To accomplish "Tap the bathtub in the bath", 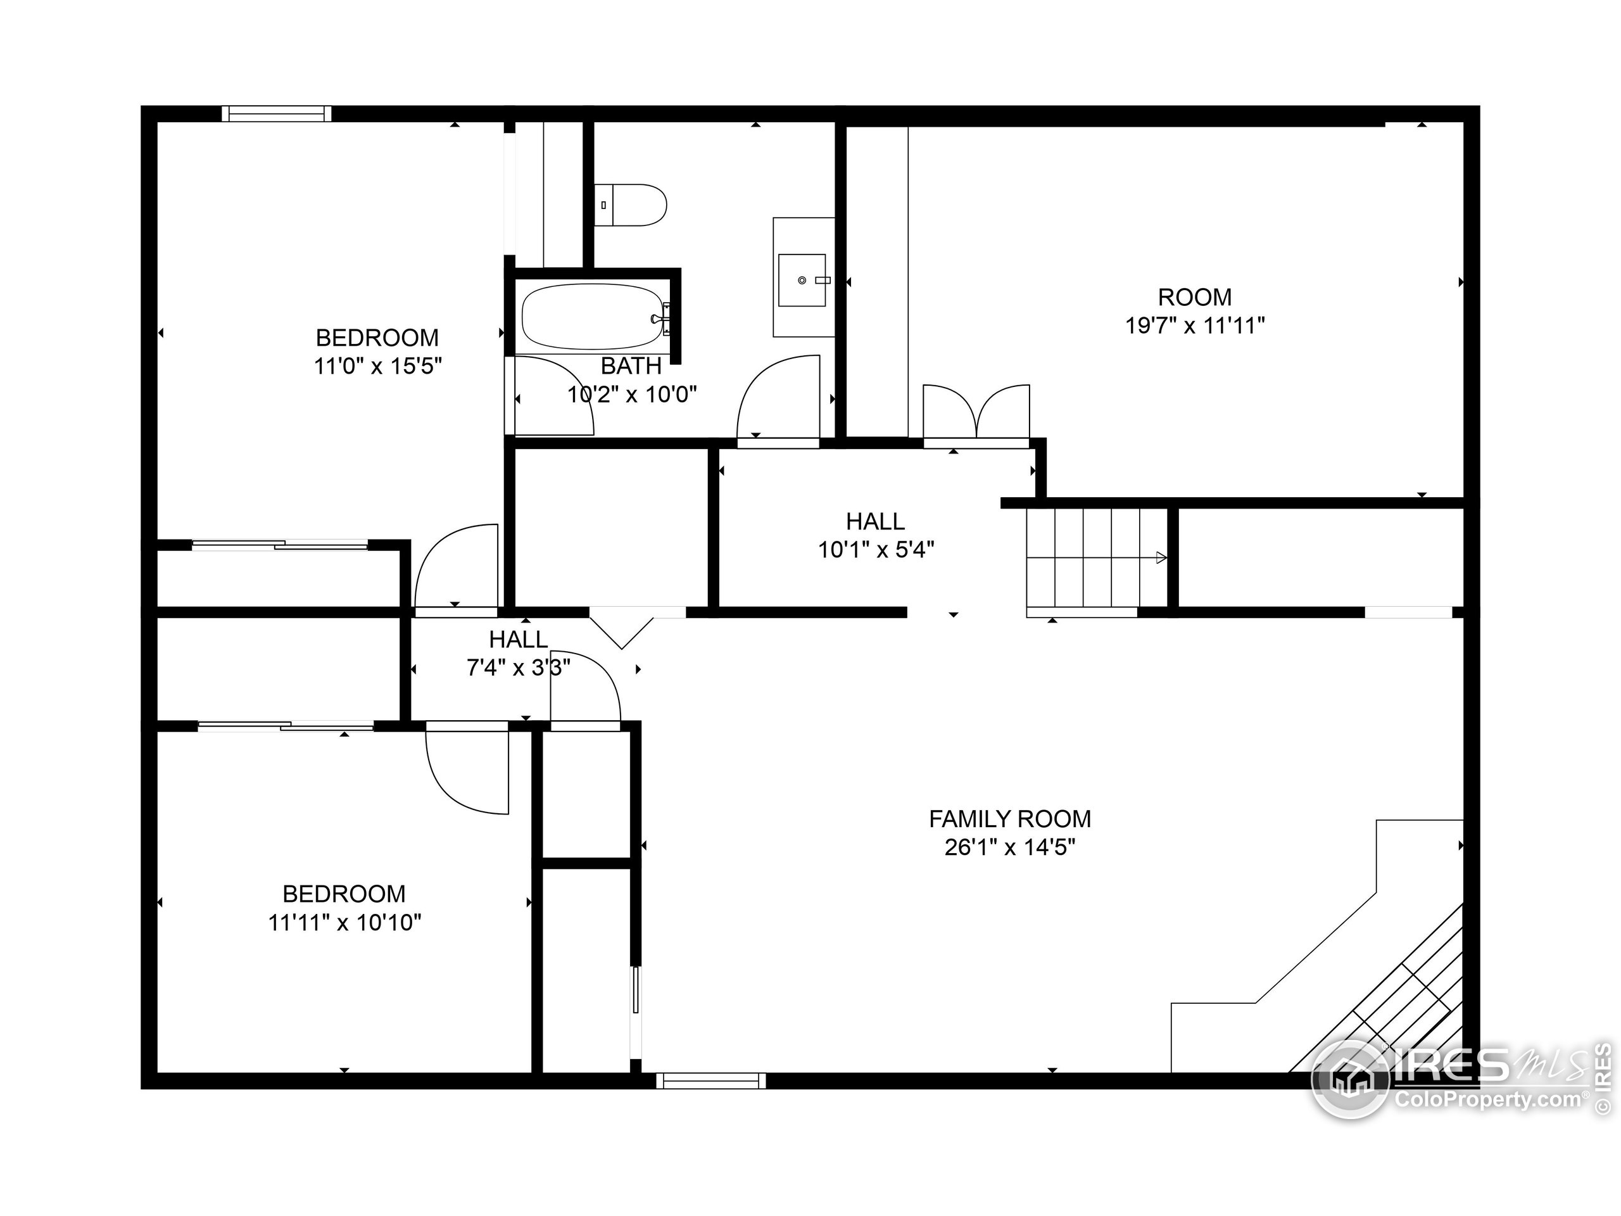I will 592,317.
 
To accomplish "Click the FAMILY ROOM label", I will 1010,818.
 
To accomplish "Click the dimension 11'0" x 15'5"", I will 377,366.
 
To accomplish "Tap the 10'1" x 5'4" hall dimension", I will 876,549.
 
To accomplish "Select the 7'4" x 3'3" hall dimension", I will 518,668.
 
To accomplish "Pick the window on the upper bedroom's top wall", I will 276,113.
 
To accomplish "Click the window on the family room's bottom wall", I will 710,1080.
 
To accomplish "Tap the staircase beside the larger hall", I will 1096,558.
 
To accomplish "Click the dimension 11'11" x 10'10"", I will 344,922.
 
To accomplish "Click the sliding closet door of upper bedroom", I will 279,544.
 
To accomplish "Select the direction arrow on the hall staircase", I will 1161,558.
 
